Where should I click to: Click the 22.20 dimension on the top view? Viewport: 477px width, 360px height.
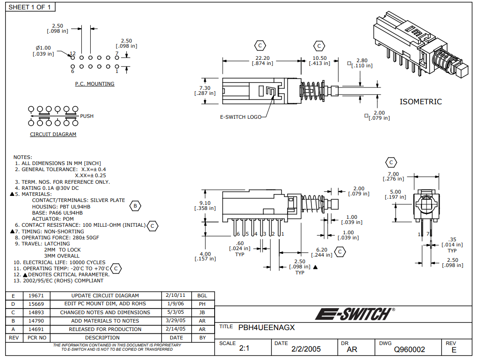click(262, 58)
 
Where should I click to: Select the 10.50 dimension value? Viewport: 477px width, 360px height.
click(319, 58)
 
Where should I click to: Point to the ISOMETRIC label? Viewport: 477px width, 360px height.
click(420, 101)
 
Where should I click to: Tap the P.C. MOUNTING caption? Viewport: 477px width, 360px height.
click(94, 84)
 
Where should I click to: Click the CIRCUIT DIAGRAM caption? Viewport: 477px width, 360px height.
click(53, 135)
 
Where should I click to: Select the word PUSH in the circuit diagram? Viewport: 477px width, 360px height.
click(87, 116)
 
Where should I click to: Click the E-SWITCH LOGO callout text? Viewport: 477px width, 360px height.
click(241, 117)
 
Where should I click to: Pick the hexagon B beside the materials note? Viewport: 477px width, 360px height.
click(135, 206)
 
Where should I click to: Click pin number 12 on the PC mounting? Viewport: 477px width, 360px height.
click(72, 54)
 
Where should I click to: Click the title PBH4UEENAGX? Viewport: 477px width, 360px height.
click(267, 328)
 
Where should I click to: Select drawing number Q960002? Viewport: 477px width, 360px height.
click(409, 349)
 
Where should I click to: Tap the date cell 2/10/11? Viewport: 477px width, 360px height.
click(176, 295)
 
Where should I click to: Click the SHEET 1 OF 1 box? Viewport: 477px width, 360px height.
click(29, 7)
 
